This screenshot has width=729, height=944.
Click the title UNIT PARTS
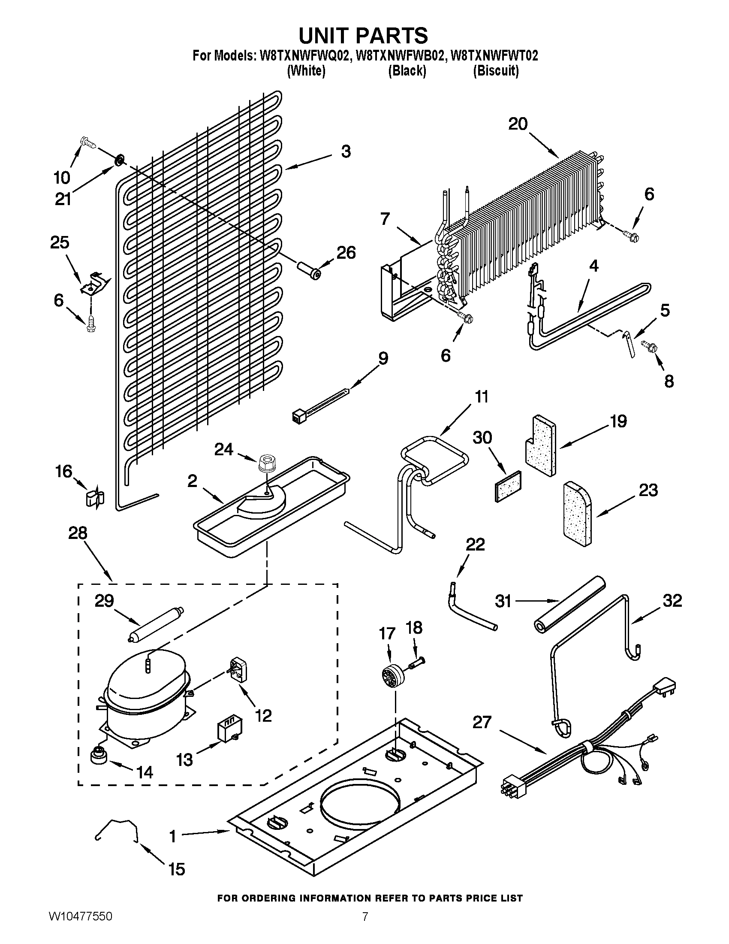click(x=364, y=36)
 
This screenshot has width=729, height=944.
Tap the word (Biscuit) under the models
click(x=495, y=71)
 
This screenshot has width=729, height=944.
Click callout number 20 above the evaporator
click(x=518, y=124)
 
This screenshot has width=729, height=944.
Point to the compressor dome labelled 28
click(x=146, y=683)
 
